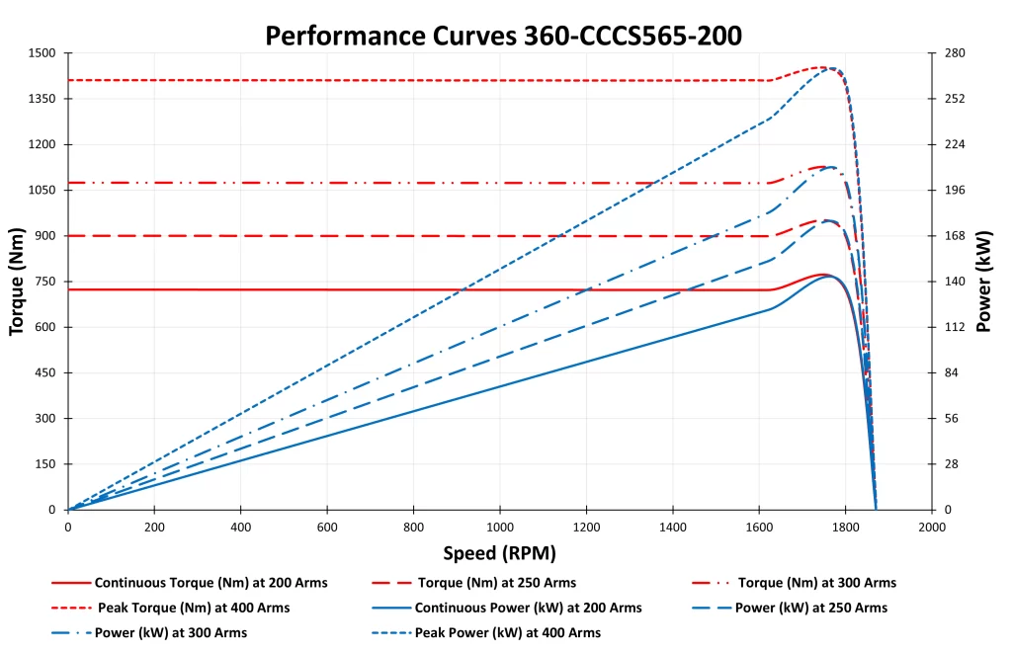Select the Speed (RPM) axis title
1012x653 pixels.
(498, 552)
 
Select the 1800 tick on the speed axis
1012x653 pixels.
(845, 527)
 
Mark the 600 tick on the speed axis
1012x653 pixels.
(327, 527)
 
